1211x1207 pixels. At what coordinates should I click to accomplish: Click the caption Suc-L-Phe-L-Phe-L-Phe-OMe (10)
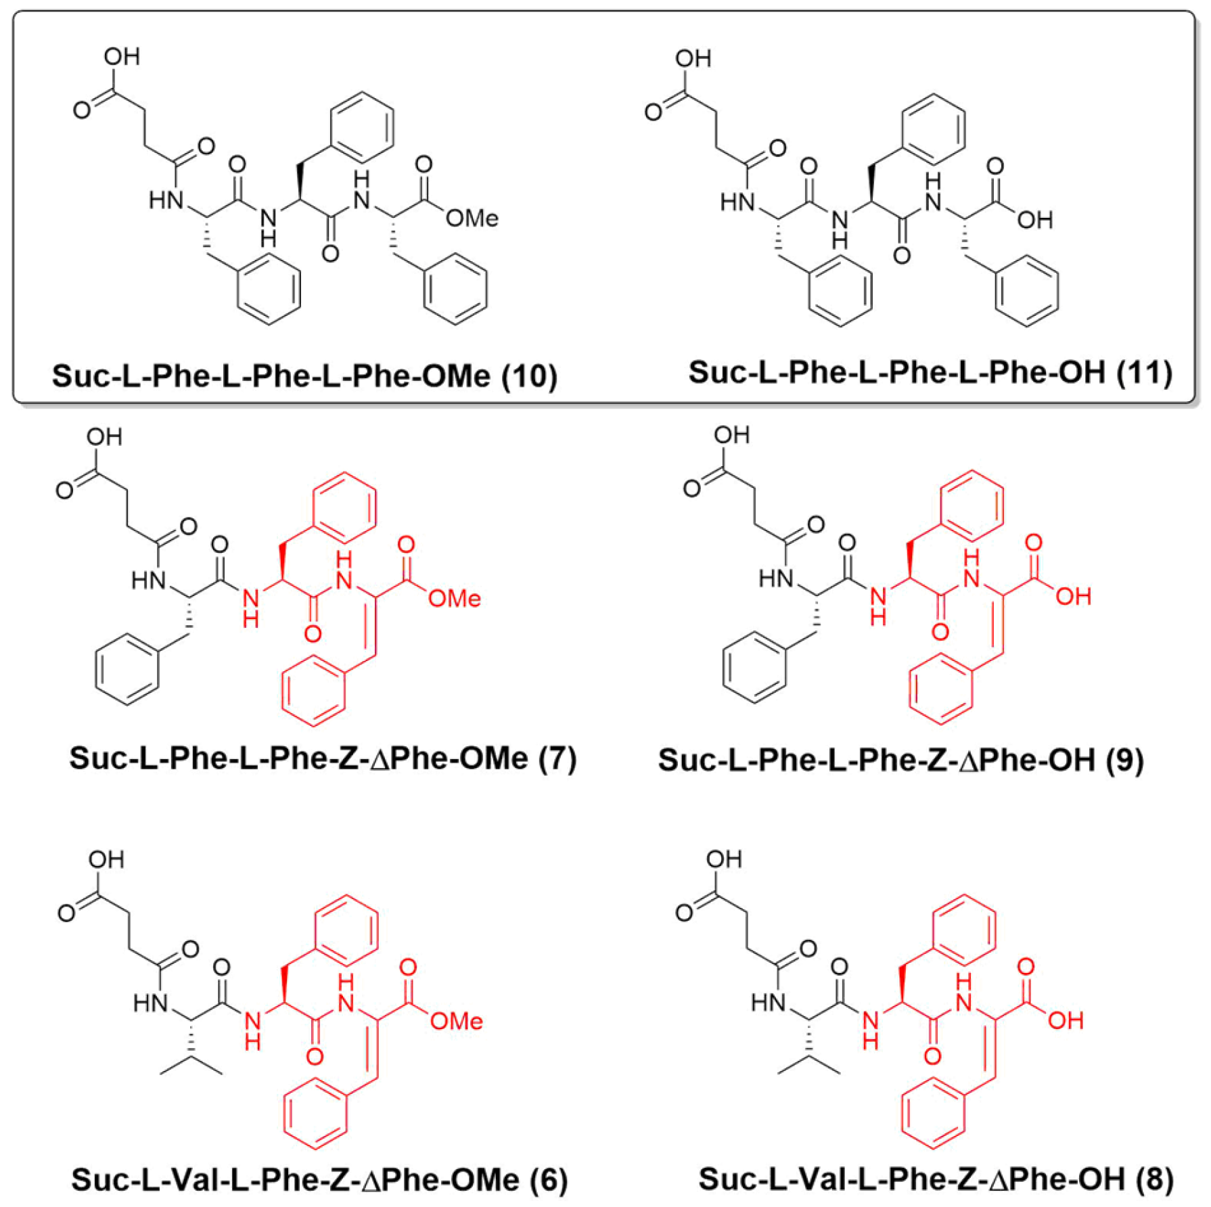coord(304,376)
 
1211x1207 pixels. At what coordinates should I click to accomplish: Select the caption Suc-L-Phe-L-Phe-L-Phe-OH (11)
coord(930,372)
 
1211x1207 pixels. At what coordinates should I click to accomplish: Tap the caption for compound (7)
coord(323,758)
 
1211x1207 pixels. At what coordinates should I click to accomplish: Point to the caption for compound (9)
coord(900,760)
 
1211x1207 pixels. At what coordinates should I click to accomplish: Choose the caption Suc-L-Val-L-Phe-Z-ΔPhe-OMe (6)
coord(319,1180)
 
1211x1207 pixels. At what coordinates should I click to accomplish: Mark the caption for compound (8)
coord(936,1179)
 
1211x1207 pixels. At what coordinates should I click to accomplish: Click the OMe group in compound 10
coord(472,218)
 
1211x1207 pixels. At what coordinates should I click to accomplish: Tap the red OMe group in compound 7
coord(454,598)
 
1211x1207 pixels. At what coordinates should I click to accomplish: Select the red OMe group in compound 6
coord(456,1021)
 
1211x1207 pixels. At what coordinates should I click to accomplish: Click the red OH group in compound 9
coord(1074,596)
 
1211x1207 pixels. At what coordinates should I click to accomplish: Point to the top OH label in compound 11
coord(693,59)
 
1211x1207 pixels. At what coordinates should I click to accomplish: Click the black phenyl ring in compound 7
coord(127,669)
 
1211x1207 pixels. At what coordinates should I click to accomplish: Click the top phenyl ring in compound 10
coord(362,127)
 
